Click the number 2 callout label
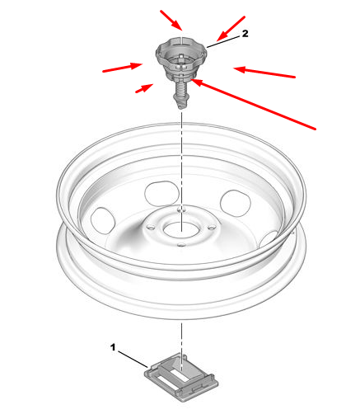point(245,34)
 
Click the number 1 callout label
point(113,347)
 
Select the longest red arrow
point(253,104)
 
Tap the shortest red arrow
point(144,88)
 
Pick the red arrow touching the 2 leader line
point(231,29)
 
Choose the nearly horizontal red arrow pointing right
point(123,68)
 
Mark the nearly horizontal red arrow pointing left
point(264,72)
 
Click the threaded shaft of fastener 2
point(180,88)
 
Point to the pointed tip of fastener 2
point(180,107)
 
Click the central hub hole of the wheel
point(181,229)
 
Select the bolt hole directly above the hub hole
point(181,209)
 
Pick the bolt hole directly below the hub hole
point(180,244)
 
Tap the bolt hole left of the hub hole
point(151,227)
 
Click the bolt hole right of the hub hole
point(212,228)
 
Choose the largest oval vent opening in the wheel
point(162,193)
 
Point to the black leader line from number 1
point(133,359)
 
